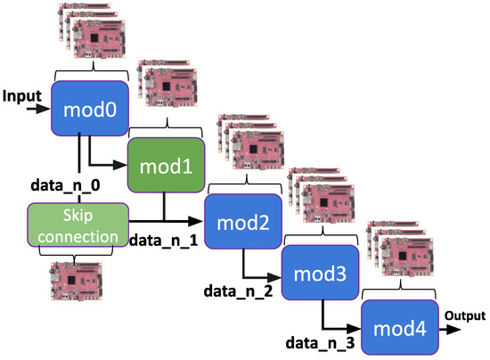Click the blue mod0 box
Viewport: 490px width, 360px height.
pos(91,110)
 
